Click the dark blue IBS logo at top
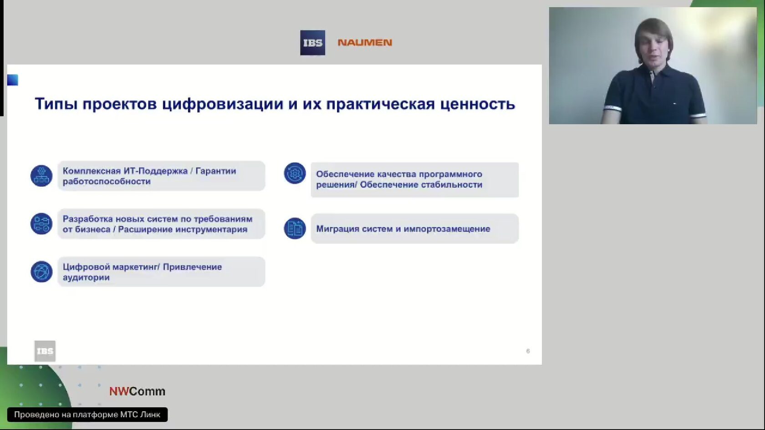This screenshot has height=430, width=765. click(x=312, y=43)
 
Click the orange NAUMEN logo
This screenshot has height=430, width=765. click(x=365, y=42)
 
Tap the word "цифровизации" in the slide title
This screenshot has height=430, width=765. click(x=222, y=104)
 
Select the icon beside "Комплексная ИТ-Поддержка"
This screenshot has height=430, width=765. click(x=41, y=176)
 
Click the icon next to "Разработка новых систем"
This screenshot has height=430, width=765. click(x=41, y=224)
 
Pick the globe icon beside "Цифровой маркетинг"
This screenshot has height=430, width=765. click(x=41, y=272)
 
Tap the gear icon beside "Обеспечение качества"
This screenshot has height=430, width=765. click(x=295, y=173)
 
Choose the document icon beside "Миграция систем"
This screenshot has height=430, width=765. click(x=295, y=228)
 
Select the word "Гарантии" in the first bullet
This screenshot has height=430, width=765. click(x=215, y=171)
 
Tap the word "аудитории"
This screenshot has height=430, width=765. click(x=86, y=278)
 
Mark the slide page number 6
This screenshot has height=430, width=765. click(x=528, y=351)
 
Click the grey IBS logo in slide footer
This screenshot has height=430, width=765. click(x=45, y=351)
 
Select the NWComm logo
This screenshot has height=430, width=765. click(x=138, y=391)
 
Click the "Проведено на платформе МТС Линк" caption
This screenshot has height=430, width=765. click(x=87, y=415)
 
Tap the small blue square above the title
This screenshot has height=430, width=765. click(x=13, y=80)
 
